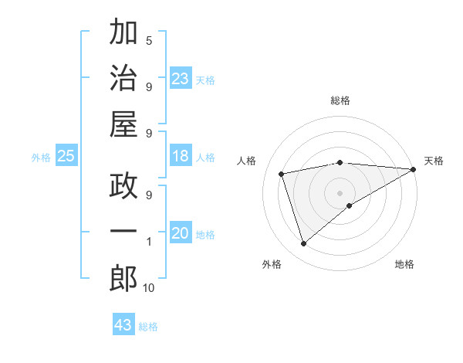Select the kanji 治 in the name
(123, 80)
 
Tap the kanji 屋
(123, 126)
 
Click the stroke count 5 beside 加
(149, 40)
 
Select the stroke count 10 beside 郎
(149, 288)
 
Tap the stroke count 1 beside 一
(149, 242)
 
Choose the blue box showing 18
(181, 157)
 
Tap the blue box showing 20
(181, 234)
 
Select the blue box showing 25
(66, 157)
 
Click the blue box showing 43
(123, 325)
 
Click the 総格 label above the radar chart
(340, 100)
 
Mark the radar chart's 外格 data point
(304, 244)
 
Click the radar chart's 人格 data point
(282, 173)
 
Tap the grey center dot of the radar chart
(340, 192)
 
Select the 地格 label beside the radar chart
(404, 264)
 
